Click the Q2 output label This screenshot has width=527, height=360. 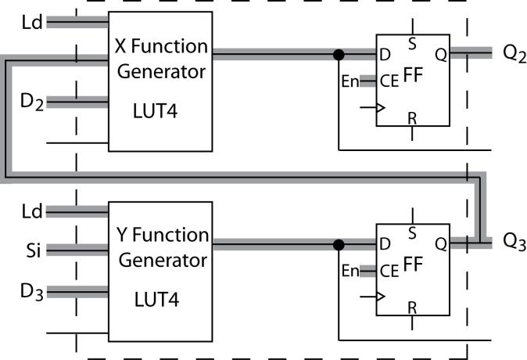click(514, 54)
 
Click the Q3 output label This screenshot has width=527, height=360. click(514, 242)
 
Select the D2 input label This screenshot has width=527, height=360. click(32, 102)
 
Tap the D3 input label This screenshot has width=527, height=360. click(32, 291)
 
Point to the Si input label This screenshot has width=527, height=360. click(34, 250)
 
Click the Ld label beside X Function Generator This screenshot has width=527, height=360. click(32, 22)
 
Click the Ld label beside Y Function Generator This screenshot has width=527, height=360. click(32, 211)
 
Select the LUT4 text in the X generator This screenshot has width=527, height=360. click(156, 111)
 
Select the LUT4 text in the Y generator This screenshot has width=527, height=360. click(156, 300)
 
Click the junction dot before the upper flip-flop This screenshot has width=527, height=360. click(339, 55)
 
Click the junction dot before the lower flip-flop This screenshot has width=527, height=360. click(339, 245)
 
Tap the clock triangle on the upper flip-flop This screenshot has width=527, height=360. click(381, 108)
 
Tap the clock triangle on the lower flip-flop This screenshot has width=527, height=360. click(381, 297)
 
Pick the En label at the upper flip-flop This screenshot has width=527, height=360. click(350, 81)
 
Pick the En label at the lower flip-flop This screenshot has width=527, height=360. click(350, 271)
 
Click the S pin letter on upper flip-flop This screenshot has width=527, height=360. click(412, 44)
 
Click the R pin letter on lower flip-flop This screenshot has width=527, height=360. click(412, 308)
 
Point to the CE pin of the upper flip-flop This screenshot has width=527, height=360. click(389, 81)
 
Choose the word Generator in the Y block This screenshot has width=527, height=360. click(163, 261)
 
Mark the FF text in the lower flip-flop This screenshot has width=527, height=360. click(413, 264)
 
